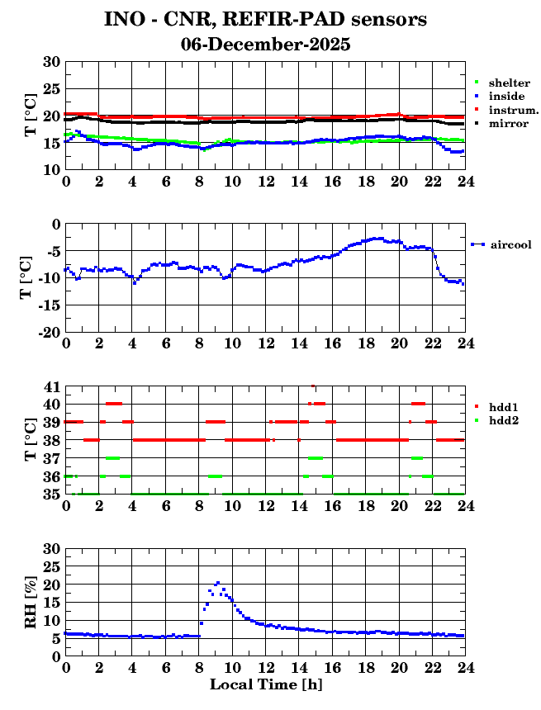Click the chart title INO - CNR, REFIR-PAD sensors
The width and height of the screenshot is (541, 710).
point(266,18)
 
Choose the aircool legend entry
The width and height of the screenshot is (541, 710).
point(510,244)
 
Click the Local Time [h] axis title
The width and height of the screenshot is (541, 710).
point(265,684)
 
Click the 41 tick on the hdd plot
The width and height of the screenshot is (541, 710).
point(52,386)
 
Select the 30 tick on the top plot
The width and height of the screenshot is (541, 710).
point(51,62)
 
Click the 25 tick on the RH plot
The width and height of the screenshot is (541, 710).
point(51,566)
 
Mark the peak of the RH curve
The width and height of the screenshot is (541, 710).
point(217,583)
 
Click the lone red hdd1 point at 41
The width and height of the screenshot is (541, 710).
point(313,386)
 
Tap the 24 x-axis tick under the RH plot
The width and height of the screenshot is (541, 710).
point(465,668)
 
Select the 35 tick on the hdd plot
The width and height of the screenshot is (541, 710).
point(52,495)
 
